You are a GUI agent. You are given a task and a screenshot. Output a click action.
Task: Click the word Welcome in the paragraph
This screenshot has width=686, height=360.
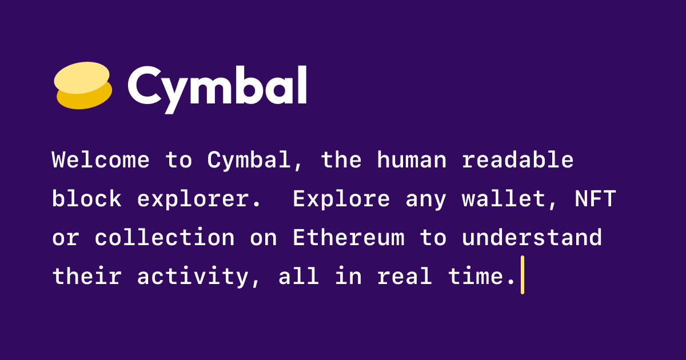[101, 160]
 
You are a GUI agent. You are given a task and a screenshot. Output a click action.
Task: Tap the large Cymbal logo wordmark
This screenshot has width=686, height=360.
[217, 89]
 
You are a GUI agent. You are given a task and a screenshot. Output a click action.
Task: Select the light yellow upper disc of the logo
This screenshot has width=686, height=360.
[82, 78]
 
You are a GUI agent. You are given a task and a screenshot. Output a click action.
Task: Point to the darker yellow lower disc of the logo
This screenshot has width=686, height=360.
[85, 97]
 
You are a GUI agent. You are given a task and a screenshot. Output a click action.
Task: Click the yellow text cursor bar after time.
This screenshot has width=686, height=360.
[522, 275]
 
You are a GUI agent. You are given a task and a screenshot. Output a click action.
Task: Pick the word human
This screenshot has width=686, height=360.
[412, 160]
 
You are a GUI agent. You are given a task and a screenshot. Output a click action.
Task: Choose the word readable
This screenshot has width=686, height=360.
[517, 160]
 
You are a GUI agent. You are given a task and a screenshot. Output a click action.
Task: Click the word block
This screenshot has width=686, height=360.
[87, 198]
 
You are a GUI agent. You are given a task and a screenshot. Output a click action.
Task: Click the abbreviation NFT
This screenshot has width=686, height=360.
[595, 198]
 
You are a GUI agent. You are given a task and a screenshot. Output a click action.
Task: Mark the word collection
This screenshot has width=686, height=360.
[165, 237]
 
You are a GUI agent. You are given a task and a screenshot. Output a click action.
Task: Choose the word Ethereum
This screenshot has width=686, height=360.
[349, 237]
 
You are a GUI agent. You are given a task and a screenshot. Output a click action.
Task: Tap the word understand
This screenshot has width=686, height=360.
[532, 237]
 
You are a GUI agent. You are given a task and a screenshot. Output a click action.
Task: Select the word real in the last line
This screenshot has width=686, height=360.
[405, 275]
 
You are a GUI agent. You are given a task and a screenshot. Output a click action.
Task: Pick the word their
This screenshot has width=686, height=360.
[87, 275]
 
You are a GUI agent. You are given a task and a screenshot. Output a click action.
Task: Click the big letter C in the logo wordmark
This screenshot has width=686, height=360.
[145, 86]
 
